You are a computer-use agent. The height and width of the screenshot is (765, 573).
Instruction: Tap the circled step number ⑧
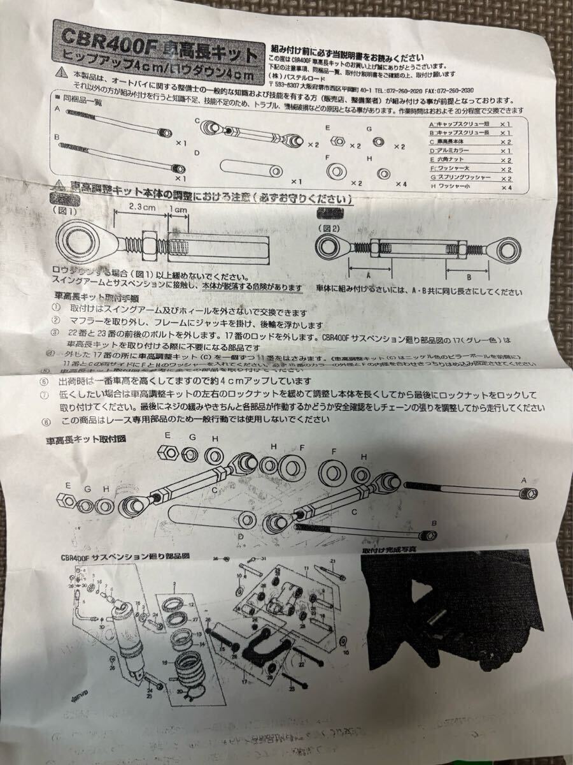(x=47, y=420)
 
